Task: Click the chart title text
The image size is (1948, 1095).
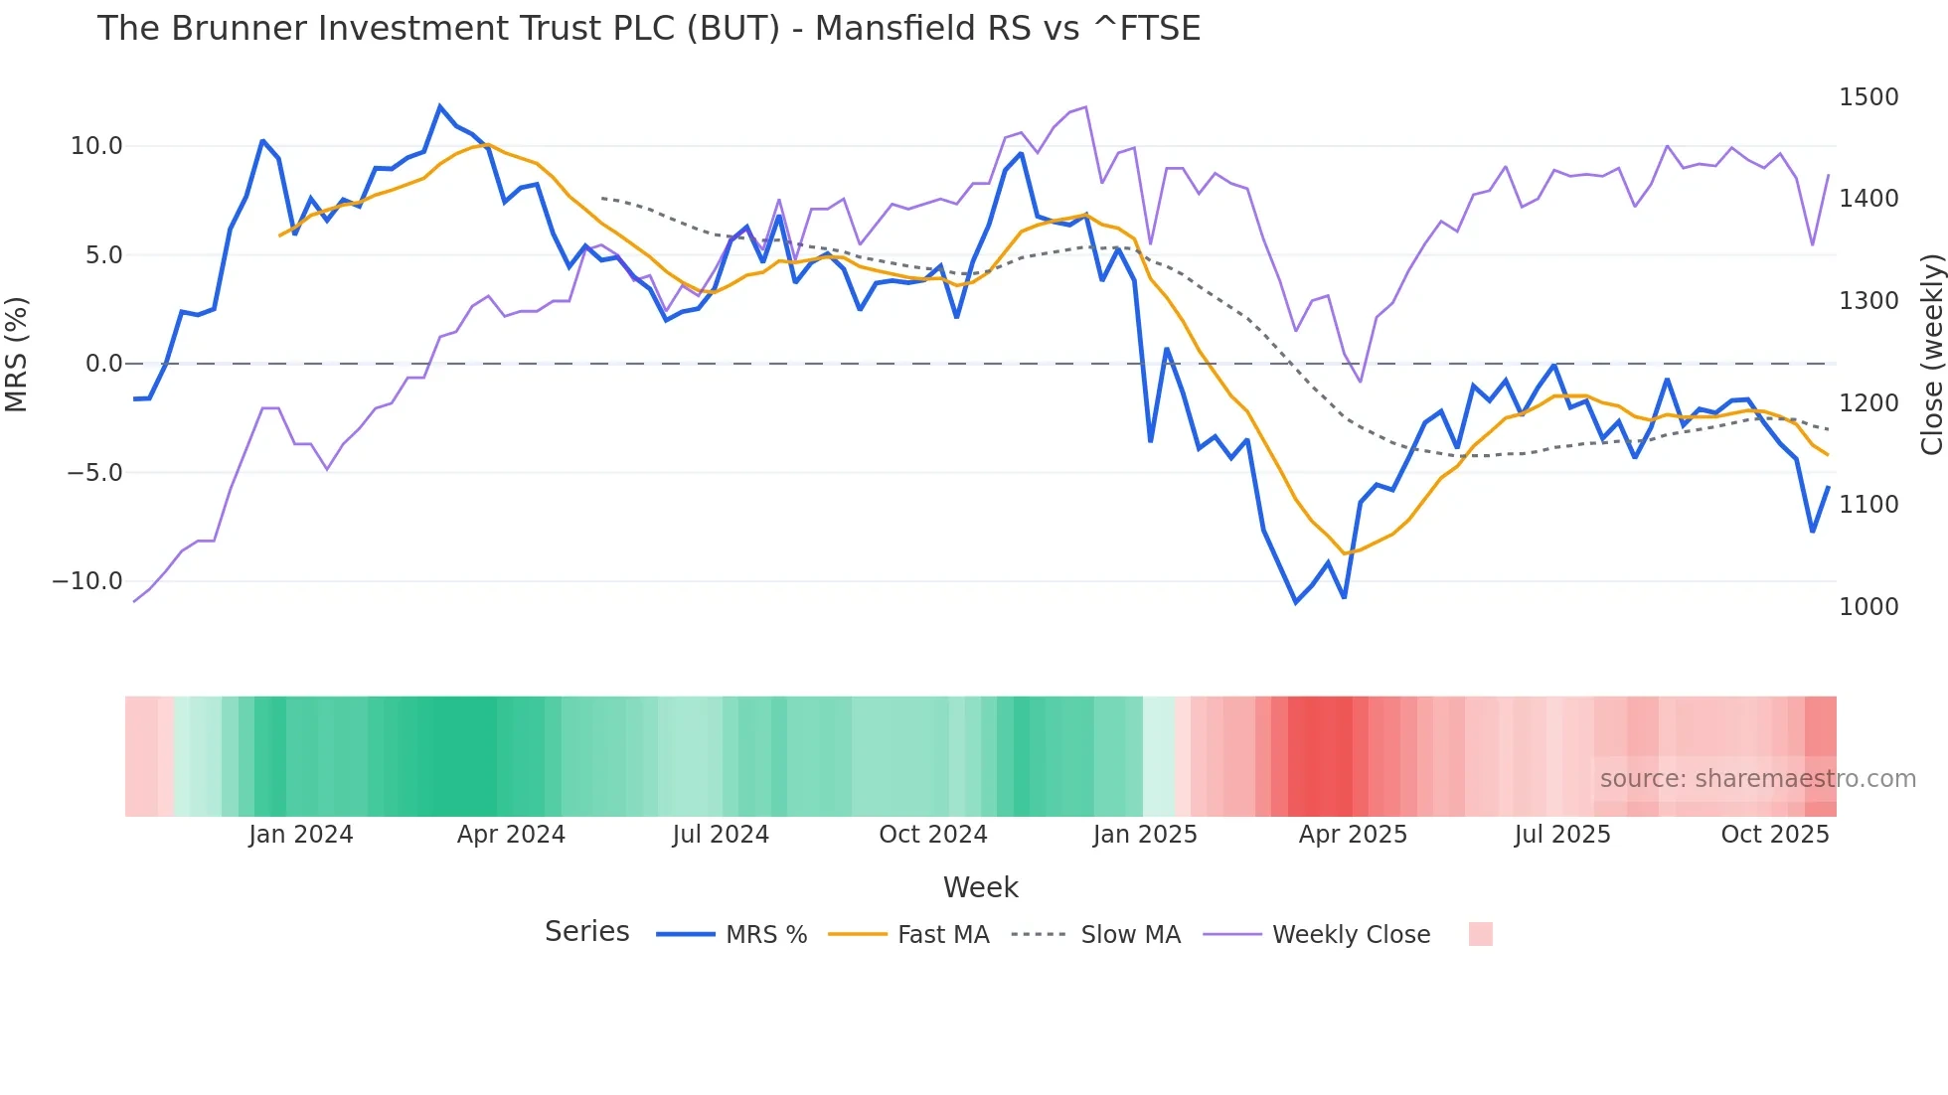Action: click(648, 29)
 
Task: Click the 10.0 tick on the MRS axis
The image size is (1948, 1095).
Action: click(96, 146)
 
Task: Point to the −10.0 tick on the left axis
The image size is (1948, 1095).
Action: click(87, 581)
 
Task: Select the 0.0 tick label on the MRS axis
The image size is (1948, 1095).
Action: click(104, 364)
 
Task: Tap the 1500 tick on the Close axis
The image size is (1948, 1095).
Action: click(1868, 97)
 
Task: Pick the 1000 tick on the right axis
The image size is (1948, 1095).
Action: click(1868, 607)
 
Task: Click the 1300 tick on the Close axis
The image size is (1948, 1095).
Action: click(1868, 301)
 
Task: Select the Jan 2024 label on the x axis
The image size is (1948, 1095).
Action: click(300, 835)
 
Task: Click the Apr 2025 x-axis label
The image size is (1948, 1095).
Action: click(1353, 835)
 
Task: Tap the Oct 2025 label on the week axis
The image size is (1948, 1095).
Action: click(1775, 835)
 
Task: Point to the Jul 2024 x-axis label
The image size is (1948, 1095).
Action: click(721, 835)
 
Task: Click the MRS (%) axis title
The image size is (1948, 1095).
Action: click(17, 354)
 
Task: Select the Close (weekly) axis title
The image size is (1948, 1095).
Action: click(1931, 354)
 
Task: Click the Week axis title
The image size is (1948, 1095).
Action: click(980, 887)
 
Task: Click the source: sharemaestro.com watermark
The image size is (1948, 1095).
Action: click(1757, 779)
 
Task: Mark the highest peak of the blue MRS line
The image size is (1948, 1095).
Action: click(440, 106)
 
